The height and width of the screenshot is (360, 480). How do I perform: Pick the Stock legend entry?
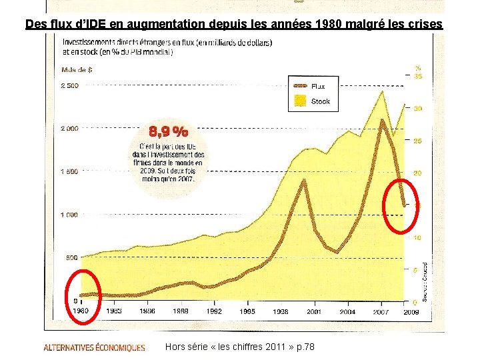coord(320,101)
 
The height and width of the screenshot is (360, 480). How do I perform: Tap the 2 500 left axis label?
coord(69,85)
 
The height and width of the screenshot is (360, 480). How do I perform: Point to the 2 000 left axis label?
coord(69,129)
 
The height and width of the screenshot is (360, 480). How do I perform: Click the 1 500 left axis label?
coord(69,171)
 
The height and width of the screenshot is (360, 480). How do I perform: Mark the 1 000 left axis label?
coord(69,215)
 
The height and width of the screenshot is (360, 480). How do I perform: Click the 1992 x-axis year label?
coord(213,311)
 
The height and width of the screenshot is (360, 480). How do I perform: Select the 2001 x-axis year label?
coord(314,311)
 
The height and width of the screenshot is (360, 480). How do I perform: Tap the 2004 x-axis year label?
coord(347,311)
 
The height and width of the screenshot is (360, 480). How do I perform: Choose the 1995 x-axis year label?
coord(247,311)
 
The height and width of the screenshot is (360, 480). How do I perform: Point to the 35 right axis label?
coord(418,77)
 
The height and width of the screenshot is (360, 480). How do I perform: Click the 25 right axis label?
coord(418,141)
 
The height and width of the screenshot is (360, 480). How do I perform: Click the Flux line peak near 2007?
coord(382,121)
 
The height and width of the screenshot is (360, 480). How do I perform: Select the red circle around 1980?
coord(83,293)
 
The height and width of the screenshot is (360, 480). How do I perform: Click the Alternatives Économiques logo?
coord(94,347)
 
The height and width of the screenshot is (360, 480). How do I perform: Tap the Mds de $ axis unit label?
coord(77,69)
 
